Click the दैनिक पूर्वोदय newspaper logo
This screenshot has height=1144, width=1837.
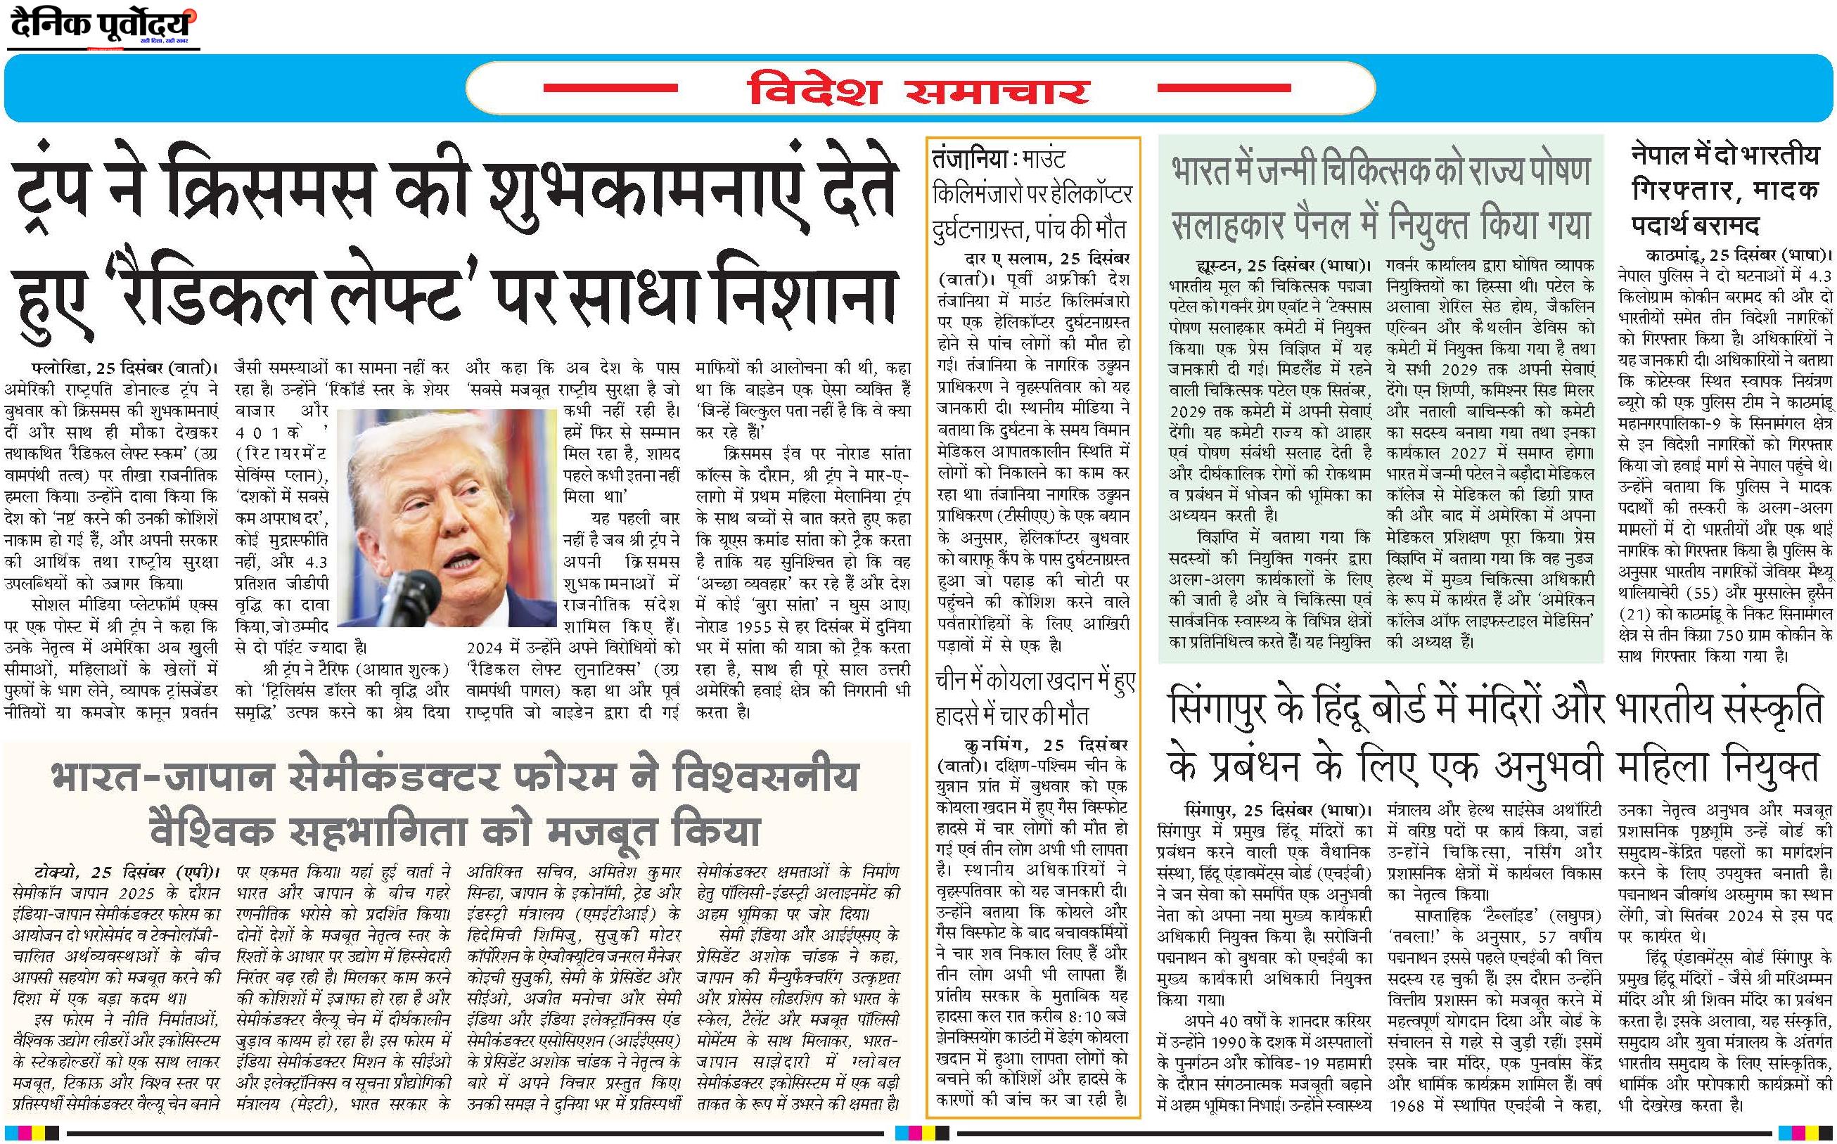(x=103, y=27)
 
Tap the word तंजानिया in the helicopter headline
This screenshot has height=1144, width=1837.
(x=971, y=161)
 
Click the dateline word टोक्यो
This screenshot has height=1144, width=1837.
(x=60, y=871)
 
